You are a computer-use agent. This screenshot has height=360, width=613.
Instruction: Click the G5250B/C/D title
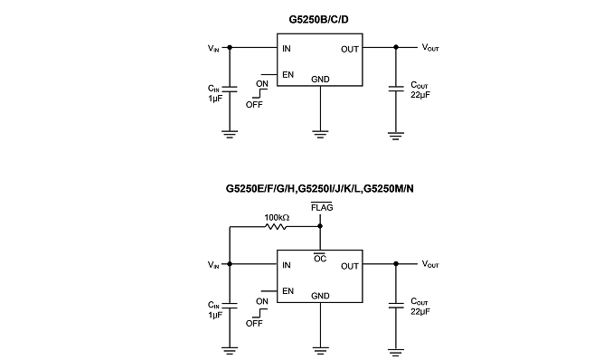click(318, 19)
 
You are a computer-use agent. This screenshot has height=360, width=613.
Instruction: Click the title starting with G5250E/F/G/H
click(319, 189)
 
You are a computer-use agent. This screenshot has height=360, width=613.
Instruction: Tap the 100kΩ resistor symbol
click(276, 226)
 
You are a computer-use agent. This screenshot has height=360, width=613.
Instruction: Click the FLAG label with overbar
click(322, 207)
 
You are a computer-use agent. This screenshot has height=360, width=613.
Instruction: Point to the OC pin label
click(320, 259)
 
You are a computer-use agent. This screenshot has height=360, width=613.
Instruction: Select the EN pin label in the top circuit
click(288, 75)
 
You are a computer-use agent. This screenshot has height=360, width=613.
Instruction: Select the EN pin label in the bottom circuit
click(288, 291)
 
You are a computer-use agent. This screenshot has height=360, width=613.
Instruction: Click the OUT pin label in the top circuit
click(350, 50)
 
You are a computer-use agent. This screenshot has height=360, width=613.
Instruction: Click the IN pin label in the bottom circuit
click(287, 265)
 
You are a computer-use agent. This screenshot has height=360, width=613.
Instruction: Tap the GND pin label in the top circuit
click(320, 80)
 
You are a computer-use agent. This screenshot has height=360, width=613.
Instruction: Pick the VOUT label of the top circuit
click(430, 48)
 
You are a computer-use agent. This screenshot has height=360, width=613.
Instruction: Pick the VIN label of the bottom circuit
click(213, 265)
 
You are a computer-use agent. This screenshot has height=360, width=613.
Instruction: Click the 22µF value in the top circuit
click(420, 95)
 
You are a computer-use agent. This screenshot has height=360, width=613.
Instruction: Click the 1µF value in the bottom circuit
click(215, 315)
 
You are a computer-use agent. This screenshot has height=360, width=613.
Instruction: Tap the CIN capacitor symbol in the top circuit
click(230, 90)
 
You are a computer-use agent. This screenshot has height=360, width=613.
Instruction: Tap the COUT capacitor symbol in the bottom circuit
click(396, 305)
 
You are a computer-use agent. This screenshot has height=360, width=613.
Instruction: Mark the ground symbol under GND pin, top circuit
click(320, 134)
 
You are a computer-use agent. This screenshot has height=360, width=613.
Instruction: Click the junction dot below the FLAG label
click(320, 226)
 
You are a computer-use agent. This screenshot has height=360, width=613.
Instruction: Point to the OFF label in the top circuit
click(254, 105)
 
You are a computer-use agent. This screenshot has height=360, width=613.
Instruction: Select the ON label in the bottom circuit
click(262, 302)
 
